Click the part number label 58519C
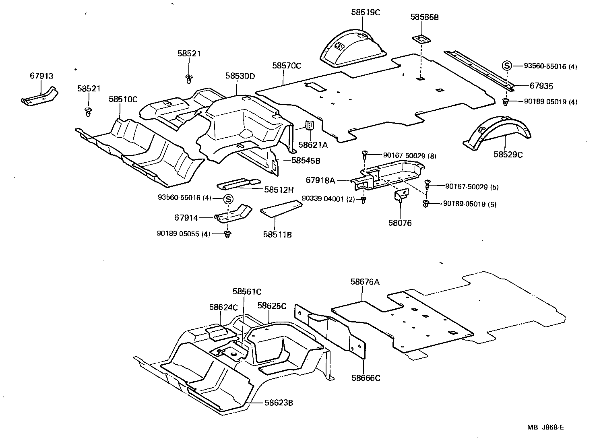365,12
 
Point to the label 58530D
240,76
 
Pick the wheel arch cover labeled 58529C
498,132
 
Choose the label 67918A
320,180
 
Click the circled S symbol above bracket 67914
228,198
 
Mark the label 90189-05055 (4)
184,233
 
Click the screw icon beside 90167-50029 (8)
365,153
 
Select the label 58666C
366,378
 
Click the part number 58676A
365,282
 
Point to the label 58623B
279,402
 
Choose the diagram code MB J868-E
545,428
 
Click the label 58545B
306,160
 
